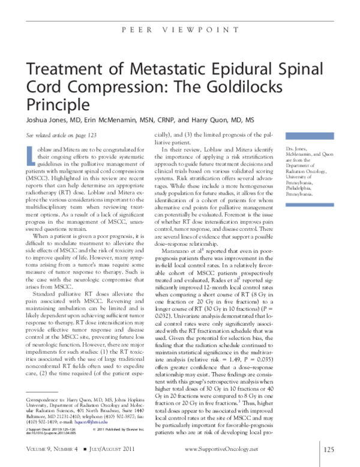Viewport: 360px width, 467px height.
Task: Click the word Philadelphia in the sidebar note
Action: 301,189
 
